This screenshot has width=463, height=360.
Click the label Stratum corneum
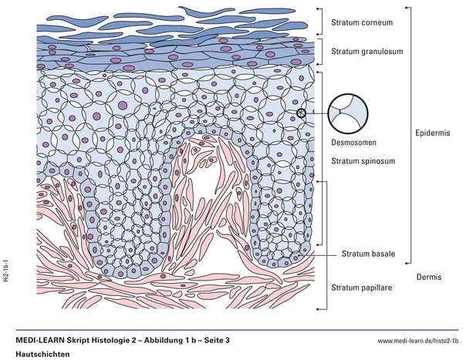[361, 22]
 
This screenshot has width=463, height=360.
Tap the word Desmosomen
[352, 143]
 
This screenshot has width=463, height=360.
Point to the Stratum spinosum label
[363, 161]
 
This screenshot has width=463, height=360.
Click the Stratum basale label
[369, 253]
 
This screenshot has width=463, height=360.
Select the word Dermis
[428, 277]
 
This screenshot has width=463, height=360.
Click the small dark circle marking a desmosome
[301, 113]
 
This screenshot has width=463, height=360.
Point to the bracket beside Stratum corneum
[320, 22]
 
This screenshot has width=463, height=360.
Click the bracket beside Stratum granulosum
[320, 52]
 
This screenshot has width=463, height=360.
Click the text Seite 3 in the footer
[215, 340]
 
